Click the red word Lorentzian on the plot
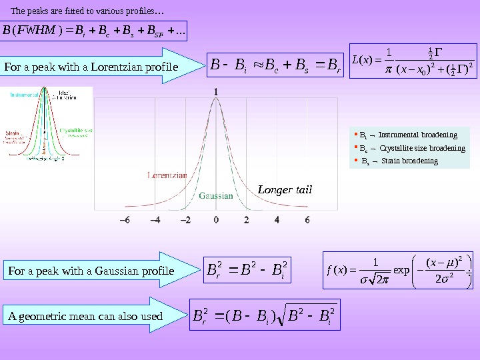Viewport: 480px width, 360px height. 167,175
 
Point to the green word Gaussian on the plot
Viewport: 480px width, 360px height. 216,196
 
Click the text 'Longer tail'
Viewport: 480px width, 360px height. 285,191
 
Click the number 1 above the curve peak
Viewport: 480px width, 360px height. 215,91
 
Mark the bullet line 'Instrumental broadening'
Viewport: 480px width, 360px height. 408,135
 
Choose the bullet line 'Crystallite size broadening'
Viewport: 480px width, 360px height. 409,148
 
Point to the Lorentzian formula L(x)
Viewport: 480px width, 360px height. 407,67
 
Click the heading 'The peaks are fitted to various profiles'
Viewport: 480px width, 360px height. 89,11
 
